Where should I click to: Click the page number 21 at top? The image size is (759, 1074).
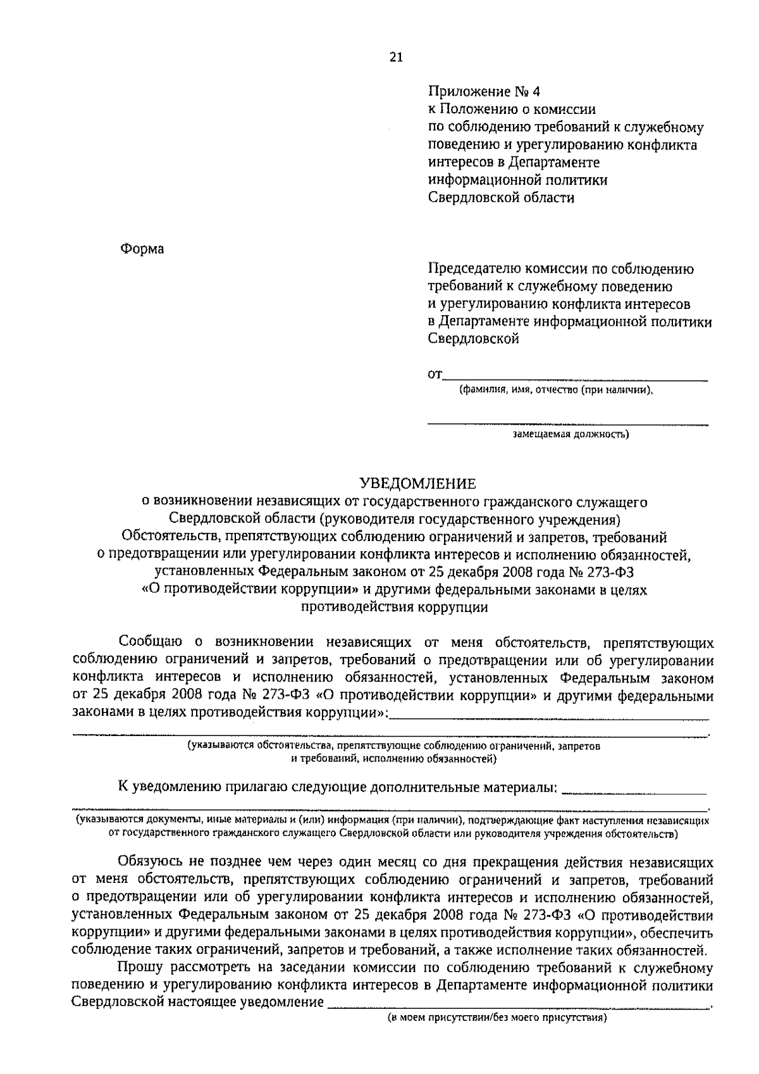(396, 57)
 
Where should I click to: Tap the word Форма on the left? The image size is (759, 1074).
(142, 249)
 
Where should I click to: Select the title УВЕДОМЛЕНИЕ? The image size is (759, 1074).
(417, 484)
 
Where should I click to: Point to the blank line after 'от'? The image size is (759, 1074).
(576, 378)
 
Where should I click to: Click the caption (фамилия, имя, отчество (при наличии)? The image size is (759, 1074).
(555, 390)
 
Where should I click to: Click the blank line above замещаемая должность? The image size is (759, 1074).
(567, 422)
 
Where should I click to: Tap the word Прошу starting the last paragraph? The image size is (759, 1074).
(139, 968)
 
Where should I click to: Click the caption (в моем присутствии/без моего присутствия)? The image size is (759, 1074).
(497, 1018)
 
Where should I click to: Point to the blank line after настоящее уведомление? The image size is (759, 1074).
(519, 1005)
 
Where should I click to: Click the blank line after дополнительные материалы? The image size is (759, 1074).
(634, 792)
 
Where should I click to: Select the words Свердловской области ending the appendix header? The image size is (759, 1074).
(502, 198)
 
